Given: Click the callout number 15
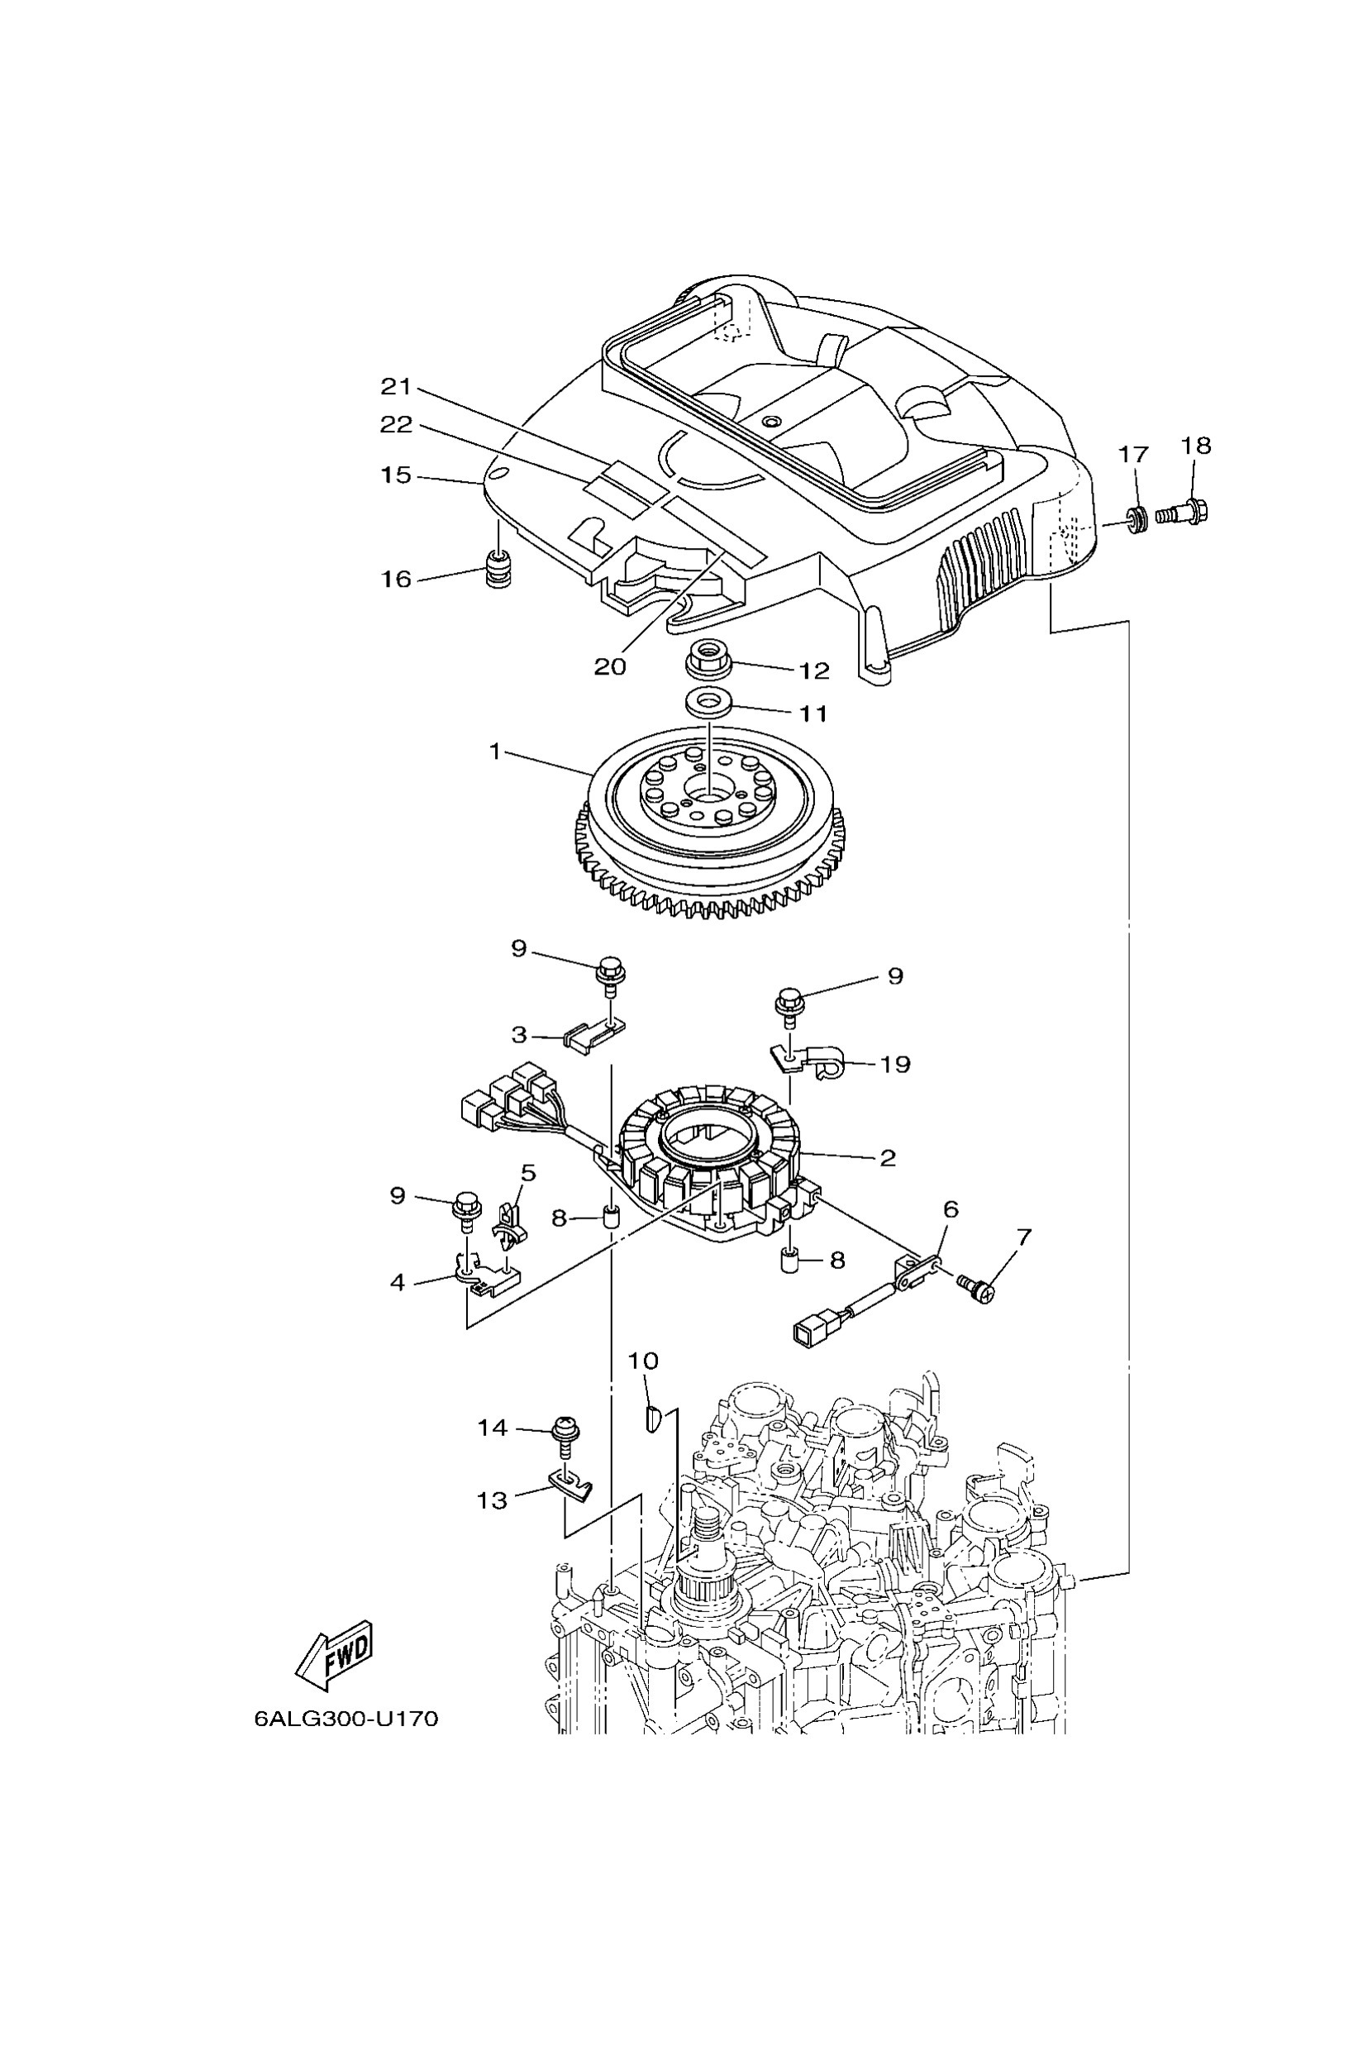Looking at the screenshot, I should pyautogui.click(x=396, y=475).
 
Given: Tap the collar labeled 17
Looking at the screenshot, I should pyautogui.click(x=1135, y=519).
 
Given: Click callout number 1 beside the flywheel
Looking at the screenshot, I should pyautogui.click(x=495, y=751).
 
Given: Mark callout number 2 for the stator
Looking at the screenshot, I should pyautogui.click(x=887, y=1157).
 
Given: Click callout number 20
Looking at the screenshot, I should pyautogui.click(x=610, y=666).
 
